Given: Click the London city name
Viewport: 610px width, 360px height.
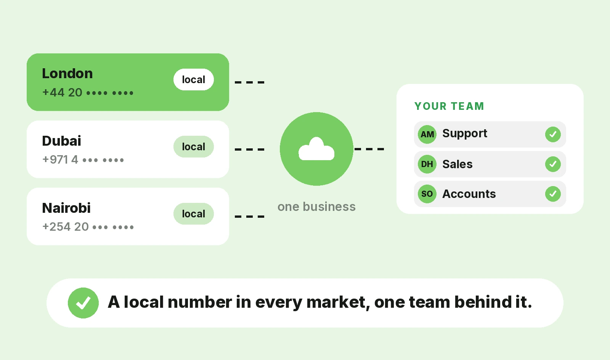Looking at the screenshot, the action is tap(67, 74).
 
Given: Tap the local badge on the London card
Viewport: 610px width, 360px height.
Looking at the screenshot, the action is tap(194, 80).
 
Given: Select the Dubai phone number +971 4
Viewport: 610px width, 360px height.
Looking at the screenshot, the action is tap(83, 159).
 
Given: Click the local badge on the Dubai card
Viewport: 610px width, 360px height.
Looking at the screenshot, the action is tap(194, 146).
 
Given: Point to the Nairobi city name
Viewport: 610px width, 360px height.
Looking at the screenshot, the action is tap(66, 208).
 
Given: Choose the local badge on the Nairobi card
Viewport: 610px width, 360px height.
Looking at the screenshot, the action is tap(194, 214).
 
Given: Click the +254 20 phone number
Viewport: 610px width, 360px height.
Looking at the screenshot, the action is tap(88, 227).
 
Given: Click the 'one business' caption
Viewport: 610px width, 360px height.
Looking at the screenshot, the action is tap(316, 207).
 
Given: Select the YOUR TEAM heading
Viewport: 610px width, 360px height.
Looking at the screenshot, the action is tap(449, 106).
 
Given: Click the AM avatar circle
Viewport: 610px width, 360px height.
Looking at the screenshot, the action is tap(427, 134).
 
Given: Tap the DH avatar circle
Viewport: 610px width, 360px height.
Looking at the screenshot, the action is tap(427, 164).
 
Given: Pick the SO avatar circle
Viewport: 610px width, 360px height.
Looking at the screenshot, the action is tap(427, 194).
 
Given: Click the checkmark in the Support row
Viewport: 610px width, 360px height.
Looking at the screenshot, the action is tap(553, 134).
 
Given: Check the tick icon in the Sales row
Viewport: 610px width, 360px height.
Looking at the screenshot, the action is tap(553, 164).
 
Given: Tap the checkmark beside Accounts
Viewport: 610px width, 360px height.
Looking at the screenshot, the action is tap(553, 194).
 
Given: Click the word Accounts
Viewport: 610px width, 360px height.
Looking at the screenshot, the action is tap(469, 194).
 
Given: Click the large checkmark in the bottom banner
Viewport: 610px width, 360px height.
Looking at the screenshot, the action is tap(83, 303).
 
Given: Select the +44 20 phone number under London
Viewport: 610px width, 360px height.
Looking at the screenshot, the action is tap(88, 93).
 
